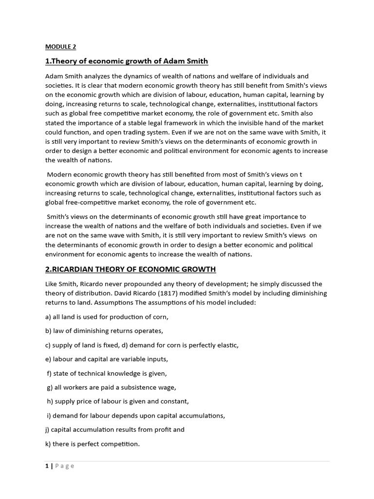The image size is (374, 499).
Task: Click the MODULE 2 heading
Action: point(61,47)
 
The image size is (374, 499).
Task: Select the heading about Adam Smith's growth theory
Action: point(127,61)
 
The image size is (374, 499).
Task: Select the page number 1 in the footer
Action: point(47,466)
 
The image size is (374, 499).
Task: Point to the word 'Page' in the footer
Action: point(65,466)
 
